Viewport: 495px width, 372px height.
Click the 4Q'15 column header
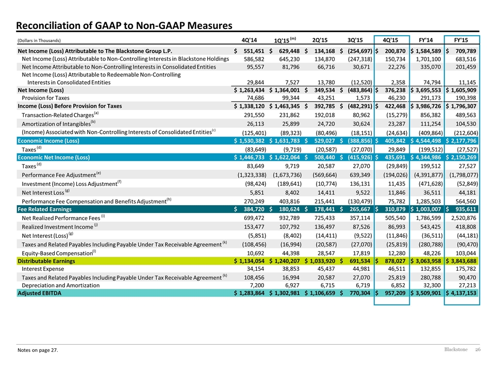click(x=390, y=40)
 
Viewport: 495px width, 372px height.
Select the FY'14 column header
click(x=425, y=40)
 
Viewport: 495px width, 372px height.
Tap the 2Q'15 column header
click(x=320, y=40)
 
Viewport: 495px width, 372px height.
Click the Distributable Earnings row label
click(x=46, y=261)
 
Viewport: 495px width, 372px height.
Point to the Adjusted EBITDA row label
click(x=40, y=293)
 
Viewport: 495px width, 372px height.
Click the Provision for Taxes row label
click(x=45, y=98)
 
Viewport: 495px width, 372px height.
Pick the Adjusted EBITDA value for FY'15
click(x=461, y=293)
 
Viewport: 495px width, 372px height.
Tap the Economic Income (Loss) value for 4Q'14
click(x=250, y=141)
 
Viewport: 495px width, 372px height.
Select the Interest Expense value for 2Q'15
click(x=326, y=269)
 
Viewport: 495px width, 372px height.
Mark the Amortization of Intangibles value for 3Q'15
click(x=361, y=124)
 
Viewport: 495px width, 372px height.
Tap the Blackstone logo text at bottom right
click(x=456, y=349)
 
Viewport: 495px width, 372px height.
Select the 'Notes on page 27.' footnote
click(x=38, y=350)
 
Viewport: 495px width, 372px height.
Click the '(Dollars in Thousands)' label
click(x=39, y=40)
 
